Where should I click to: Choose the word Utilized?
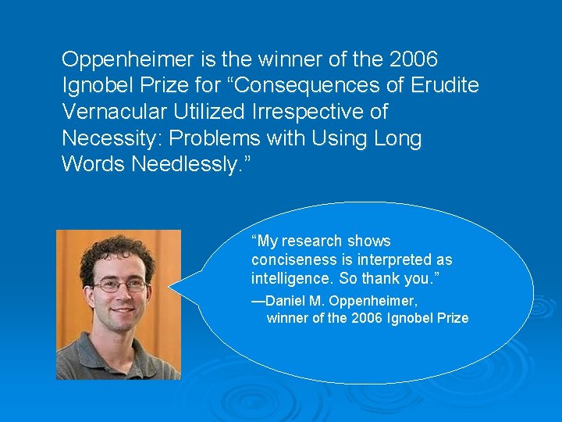(x=216, y=113)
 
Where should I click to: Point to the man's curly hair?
(x=117, y=252)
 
